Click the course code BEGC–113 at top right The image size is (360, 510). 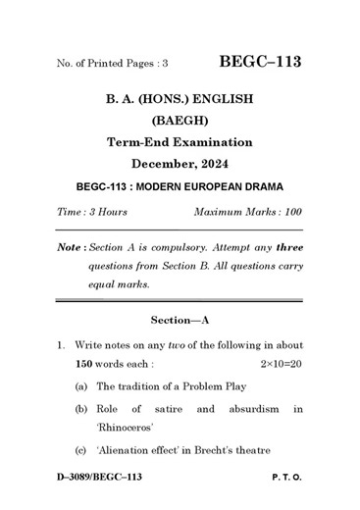(260, 62)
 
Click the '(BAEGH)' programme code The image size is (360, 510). (180, 121)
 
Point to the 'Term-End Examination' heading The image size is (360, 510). (180, 142)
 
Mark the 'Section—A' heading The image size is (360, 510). (180, 320)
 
